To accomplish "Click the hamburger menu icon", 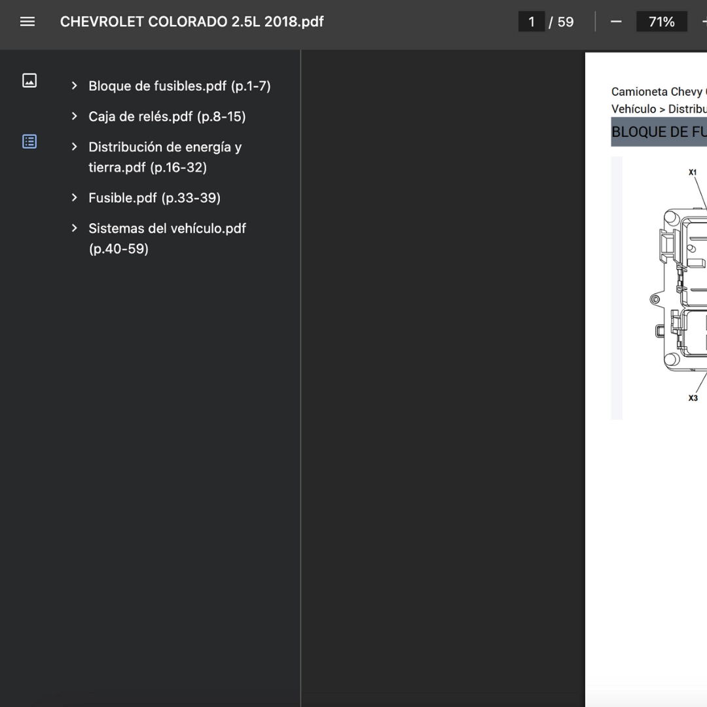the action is coord(27,22).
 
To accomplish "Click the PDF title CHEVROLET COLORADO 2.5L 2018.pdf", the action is coord(192,22).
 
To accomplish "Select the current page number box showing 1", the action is coord(531,22).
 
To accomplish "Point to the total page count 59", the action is coord(566,22).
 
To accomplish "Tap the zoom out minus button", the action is coord(616,22).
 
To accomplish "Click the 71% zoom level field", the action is coord(661,22).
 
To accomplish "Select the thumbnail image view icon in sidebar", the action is coord(29,81).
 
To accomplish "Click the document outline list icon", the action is coord(29,141).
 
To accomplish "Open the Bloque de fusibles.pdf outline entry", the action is coord(179,86).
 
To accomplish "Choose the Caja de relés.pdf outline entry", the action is coord(167,117).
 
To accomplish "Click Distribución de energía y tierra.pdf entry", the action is coord(165,157).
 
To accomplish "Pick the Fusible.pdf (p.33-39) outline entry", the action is coord(154,198).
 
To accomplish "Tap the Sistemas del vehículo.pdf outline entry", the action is coord(168,238).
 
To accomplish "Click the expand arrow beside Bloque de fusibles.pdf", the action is coord(75,86).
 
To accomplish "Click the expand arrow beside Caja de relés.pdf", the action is coord(75,117).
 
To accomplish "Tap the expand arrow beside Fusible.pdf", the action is coord(75,198).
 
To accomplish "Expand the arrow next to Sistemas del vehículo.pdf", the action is coord(75,228).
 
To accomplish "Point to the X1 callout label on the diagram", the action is coord(693,172).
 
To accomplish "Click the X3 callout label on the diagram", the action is coord(693,398).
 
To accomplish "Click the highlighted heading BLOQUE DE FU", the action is coord(659,132).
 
